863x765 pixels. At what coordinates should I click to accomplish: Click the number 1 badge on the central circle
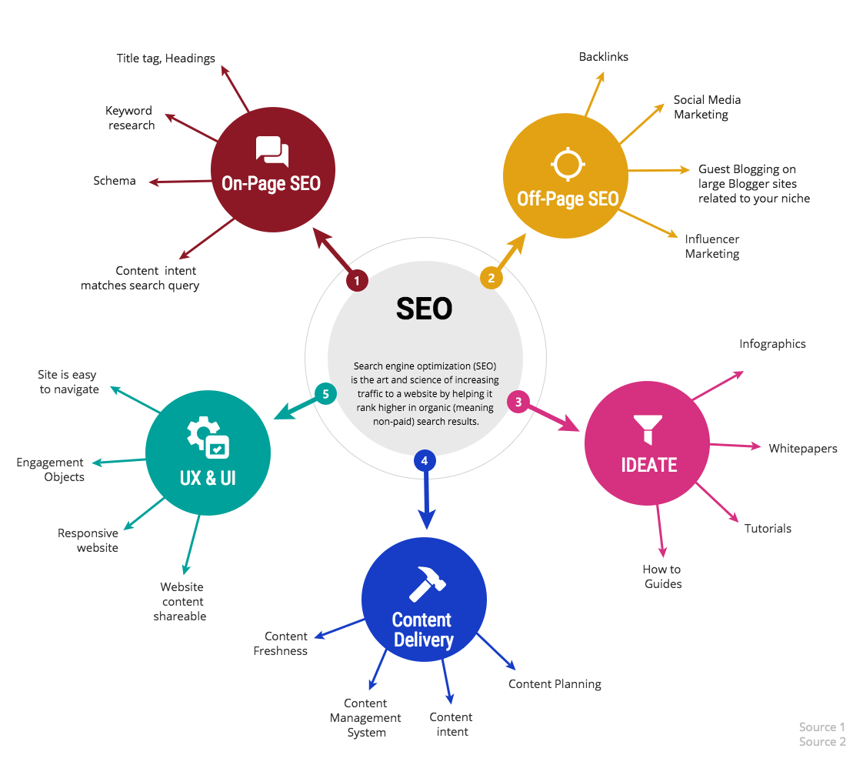pos(357,280)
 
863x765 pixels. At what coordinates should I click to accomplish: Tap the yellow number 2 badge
pos(491,278)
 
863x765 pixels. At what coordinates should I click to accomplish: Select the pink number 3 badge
pos(518,402)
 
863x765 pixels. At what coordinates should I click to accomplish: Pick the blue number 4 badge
pos(425,460)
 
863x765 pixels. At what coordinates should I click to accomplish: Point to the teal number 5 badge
pos(326,394)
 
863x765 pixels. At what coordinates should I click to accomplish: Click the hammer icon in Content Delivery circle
pos(427,584)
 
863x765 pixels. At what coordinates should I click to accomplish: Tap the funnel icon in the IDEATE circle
pos(648,429)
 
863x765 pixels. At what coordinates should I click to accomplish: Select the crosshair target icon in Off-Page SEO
pos(568,164)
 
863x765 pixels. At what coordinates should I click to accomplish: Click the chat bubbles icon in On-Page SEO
pos(272,150)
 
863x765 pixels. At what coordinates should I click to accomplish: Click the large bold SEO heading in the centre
pos(425,309)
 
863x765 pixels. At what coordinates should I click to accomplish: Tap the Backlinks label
pos(604,57)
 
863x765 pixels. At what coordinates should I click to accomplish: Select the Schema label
pos(115,181)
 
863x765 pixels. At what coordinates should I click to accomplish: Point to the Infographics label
pos(772,344)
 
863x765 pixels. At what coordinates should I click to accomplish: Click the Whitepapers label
pos(803,449)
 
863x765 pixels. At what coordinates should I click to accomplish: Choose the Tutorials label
pos(768,529)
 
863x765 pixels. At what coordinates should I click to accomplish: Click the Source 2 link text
pos(822,742)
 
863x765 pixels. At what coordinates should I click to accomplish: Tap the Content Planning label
pos(555,684)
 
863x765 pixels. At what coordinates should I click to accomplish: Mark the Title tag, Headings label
pos(165,58)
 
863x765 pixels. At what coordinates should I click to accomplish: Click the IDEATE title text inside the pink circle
pos(649,466)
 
